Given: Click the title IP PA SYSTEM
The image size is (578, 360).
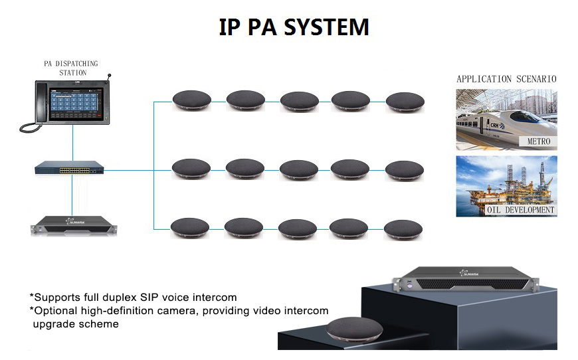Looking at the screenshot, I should [294, 27].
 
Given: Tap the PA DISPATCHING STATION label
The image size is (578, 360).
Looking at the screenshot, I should [72, 68].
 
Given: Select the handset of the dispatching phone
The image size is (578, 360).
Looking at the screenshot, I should [27, 106].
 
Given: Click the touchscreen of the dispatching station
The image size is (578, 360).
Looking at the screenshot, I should [74, 100].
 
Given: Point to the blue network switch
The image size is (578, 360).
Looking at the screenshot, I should [70, 169].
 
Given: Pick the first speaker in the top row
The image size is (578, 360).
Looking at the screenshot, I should [191, 101].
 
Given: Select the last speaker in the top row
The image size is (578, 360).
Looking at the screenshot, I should [405, 102].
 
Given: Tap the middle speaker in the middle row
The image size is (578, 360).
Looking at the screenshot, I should [298, 170].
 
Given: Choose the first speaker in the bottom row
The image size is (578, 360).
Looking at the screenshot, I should [191, 228].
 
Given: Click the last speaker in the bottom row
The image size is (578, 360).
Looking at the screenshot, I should [403, 229].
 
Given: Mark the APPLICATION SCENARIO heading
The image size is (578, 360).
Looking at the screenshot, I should [506, 79].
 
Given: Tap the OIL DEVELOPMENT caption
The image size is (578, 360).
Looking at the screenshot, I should [520, 210].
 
